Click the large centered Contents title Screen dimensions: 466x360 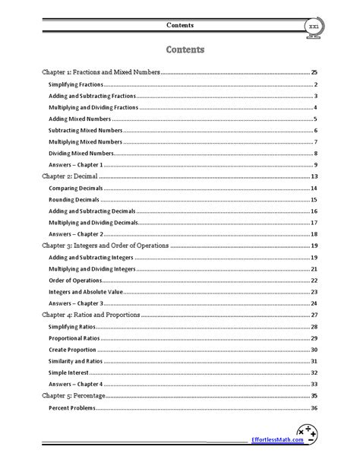click(x=179, y=51)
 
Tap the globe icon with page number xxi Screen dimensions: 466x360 click(x=311, y=27)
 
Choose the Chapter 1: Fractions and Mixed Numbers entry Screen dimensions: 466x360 click(x=100, y=71)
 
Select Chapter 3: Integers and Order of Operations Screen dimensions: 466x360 click(x=105, y=246)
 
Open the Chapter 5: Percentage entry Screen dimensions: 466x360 click(x=73, y=396)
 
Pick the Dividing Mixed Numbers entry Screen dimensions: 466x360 click(x=81, y=154)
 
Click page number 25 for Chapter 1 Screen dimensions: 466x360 click(x=314, y=71)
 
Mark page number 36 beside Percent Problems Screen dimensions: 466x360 click(x=314, y=408)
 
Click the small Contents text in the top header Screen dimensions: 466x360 click(x=179, y=25)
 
